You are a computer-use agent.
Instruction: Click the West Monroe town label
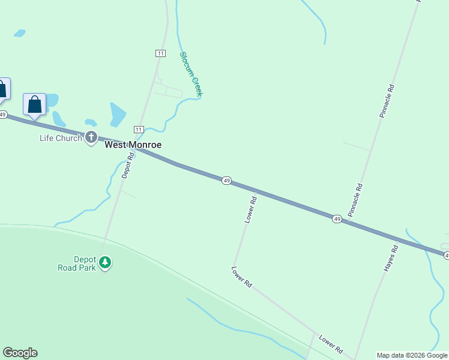133,145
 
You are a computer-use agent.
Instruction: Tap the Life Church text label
61,138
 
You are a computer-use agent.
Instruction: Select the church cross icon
91,138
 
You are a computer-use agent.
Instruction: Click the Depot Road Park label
85,263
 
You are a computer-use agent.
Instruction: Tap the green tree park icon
106,262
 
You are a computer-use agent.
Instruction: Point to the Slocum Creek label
191,74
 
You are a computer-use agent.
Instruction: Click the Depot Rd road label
128,165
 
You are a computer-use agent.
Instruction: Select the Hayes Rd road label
391,259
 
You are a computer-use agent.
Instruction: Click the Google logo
20,353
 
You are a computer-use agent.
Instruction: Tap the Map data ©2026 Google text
412,355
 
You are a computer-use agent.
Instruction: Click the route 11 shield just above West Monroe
139,130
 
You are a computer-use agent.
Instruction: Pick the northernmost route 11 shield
160,53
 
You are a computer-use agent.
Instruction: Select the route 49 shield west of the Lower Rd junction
226,181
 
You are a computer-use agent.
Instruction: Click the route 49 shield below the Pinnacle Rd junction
337,220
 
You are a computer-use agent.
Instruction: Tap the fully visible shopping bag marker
35,104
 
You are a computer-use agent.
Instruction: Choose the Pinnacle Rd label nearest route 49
355,200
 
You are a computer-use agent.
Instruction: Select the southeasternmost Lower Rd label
331,344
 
